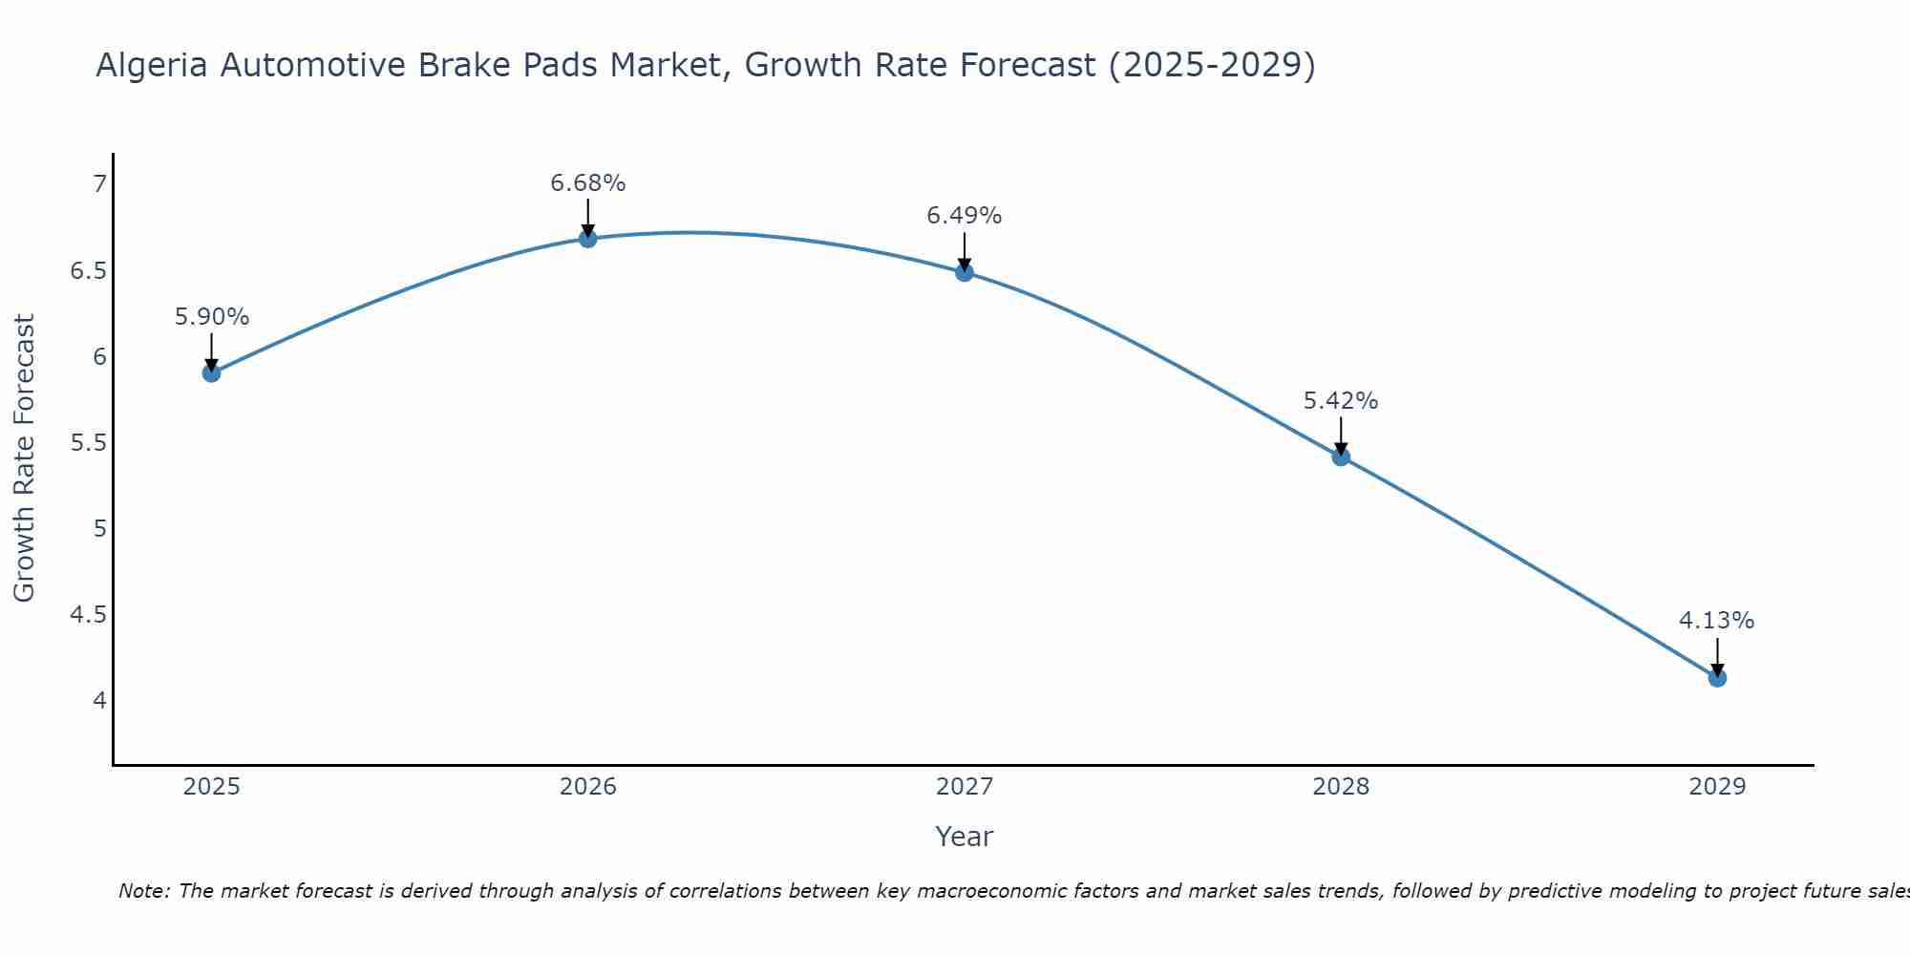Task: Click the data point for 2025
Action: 212,372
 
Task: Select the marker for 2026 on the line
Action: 588,239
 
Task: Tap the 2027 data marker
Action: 965,272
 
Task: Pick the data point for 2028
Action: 1341,456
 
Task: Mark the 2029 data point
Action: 1717,678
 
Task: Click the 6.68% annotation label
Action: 588,182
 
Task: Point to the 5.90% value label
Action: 212,316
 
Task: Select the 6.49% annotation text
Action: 965,216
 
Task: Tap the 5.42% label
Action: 1341,400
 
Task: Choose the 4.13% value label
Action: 1717,621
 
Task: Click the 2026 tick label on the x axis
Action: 588,787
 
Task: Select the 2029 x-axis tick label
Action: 1717,787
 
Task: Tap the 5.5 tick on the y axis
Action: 89,443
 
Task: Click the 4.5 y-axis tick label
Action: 89,615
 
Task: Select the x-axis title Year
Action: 965,837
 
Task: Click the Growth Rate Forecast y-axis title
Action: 25,458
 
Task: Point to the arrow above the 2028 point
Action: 1341,435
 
